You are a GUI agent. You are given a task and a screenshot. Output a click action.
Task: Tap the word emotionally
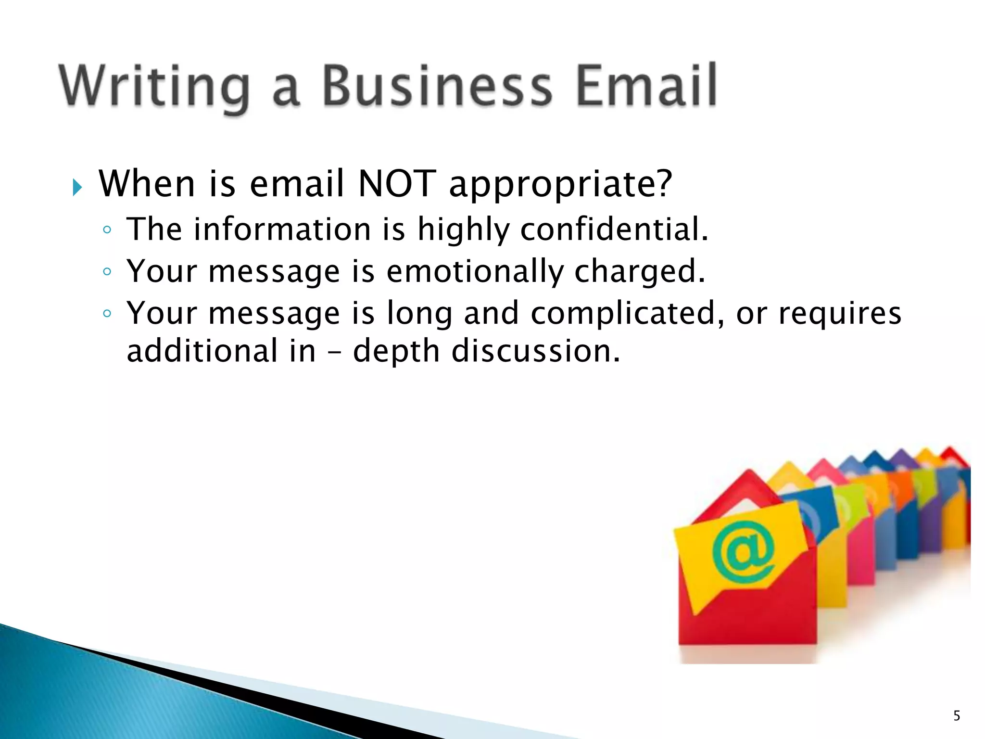pos(475,271)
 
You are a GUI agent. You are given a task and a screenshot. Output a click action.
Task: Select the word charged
pos(640,272)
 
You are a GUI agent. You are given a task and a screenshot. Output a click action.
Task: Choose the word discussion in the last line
pos(535,351)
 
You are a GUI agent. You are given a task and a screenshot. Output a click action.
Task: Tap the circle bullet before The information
pos(107,230)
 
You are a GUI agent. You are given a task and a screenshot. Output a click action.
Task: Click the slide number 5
pos(957,716)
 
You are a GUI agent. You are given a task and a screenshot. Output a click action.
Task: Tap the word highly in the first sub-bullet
pos(463,229)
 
